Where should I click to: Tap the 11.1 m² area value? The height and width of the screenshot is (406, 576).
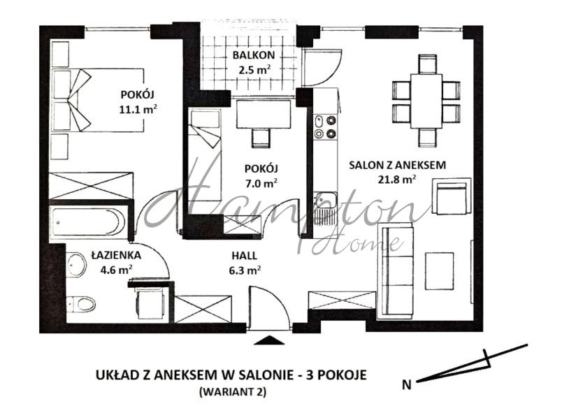point(138,108)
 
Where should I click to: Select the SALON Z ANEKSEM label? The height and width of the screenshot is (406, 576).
point(398,165)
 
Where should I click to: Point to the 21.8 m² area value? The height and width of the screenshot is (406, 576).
point(397,179)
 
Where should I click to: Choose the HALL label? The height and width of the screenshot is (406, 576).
point(245,255)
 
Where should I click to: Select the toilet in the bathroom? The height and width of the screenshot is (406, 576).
point(81,303)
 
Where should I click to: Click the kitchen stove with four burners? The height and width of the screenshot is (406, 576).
point(324,125)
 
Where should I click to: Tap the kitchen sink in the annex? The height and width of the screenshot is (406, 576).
point(324,207)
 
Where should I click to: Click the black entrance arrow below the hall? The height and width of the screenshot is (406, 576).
point(268,340)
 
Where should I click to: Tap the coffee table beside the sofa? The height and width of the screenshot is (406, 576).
point(440,269)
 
